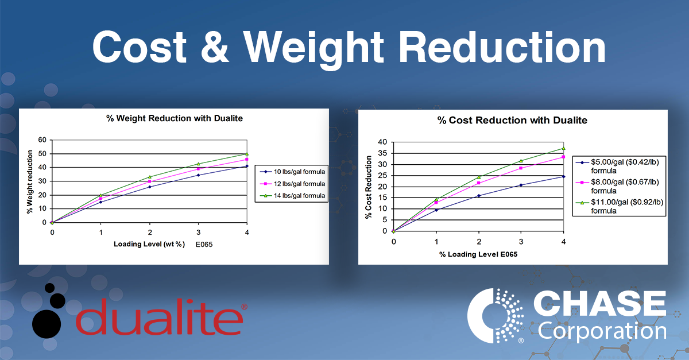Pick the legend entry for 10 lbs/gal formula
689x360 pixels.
[x=292, y=171]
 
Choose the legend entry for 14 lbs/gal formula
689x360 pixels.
[x=292, y=196]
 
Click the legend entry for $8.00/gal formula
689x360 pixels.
[x=620, y=185]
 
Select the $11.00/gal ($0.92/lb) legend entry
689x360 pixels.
[x=620, y=206]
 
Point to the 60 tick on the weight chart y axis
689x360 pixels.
[x=41, y=140]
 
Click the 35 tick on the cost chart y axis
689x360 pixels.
[x=383, y=153]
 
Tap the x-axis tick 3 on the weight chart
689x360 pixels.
[x=198, y=232]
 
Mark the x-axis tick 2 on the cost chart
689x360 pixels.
[x=479, y=241]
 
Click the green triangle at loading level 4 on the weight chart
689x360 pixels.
[x=246, y=154]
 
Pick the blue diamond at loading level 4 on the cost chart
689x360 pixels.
[x=564, y=177]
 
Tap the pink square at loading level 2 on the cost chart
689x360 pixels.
[x=479, y=183]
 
